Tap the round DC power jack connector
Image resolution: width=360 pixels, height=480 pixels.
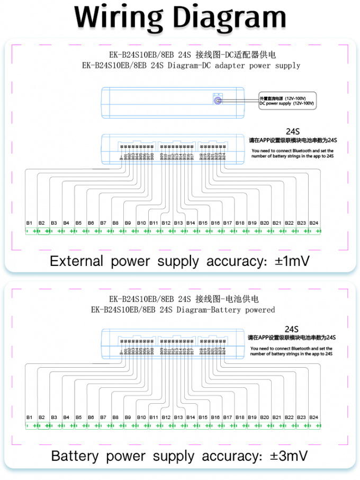[217, 100]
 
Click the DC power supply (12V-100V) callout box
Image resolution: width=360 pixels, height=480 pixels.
[287, 101]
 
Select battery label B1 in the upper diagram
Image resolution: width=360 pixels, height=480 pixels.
[30, 223]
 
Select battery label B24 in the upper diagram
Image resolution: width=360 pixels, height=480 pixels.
[314, 223]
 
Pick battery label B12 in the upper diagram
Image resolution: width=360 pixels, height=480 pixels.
[166, 223]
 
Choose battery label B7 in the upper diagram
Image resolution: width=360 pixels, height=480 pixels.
[103, 223]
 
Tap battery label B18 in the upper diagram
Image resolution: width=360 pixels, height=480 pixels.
[240, 223]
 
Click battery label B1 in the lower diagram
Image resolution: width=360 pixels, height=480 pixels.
[30, 417]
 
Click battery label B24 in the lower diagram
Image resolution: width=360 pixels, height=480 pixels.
[314, 417]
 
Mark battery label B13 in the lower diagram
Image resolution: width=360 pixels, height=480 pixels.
[178, 417]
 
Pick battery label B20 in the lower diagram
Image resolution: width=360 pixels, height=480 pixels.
[265, 417]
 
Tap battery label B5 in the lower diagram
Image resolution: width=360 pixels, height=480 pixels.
[78, 417]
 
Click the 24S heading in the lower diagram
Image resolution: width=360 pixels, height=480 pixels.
[292, 328]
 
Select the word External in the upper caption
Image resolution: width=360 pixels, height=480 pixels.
[76, 261]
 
